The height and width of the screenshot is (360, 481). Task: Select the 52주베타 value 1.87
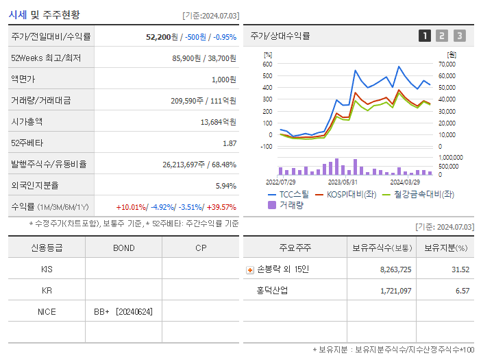tap(230, 143)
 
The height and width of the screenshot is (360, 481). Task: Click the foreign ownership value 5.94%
tap(225, 186)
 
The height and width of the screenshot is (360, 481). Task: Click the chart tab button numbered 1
tap(425, 36)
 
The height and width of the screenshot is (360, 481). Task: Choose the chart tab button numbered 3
tap(459, 36)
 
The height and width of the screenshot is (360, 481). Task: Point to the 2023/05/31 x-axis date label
tap(343, 182)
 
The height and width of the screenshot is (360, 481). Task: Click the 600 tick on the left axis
tap(267, 64)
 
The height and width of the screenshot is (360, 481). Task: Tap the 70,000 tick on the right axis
tap(447, 64)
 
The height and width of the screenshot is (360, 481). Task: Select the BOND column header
tap(124, 248)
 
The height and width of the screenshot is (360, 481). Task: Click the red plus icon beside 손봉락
tap(249, 269)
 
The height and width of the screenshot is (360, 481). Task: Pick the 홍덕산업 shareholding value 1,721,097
tap(395, 291)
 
